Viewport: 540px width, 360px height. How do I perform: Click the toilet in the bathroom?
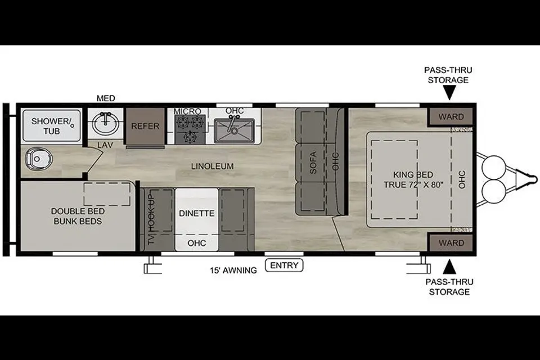(38, 159)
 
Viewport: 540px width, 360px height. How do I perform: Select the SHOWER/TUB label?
(51, 126)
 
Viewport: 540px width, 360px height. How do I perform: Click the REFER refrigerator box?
(145, 126)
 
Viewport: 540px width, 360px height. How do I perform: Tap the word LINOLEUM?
(212, 166)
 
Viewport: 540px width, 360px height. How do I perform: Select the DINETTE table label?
(197, 213)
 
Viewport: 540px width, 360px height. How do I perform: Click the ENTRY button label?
(284, 265)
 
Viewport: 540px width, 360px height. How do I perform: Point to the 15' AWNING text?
(233, 271)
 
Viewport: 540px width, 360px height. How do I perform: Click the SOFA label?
(313, 163)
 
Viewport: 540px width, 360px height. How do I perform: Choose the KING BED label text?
(413, 175)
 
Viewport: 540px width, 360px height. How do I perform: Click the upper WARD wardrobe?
(451, 117)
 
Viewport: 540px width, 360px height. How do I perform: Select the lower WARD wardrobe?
(451, 243)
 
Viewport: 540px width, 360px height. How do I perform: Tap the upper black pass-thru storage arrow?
(449, 92)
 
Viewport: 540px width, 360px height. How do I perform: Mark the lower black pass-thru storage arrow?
(449, 267)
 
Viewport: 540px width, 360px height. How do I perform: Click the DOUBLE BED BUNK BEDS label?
(78, 216)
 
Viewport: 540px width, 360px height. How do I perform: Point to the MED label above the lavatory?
(106, 98)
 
